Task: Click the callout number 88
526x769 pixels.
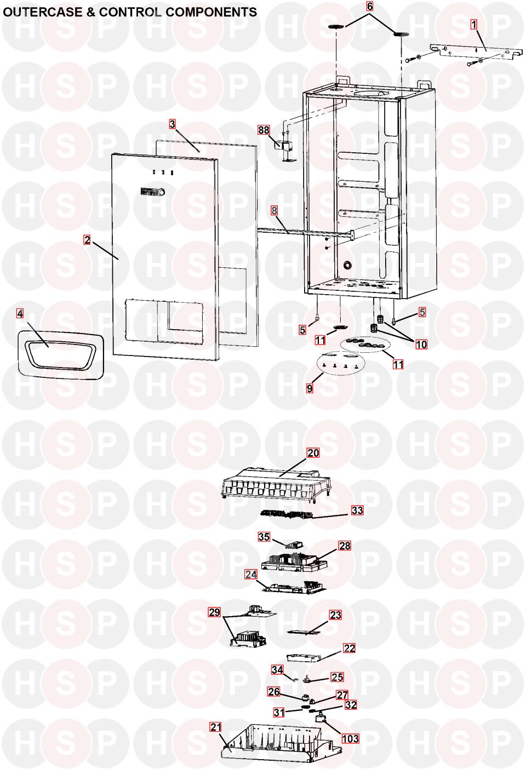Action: (264, 130)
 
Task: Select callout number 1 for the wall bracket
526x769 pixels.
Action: (474, 24)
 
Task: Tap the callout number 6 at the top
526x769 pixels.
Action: (369, 7)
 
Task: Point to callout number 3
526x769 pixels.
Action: (172, 124)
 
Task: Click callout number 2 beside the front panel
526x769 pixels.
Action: (87, 239)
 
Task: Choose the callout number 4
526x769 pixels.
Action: (20, 314)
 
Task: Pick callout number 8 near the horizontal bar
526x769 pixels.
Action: (275, 210)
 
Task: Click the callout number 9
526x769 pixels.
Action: (310, 388)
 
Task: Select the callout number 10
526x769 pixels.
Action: (421, 344)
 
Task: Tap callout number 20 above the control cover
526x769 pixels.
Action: (313, 453)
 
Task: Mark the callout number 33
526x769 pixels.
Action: (357, 510)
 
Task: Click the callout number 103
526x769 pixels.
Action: (350, 738)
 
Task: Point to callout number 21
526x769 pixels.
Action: (216, 727)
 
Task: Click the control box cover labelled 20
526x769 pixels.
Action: (279, 483)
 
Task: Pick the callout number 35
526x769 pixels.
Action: (264, 537)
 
